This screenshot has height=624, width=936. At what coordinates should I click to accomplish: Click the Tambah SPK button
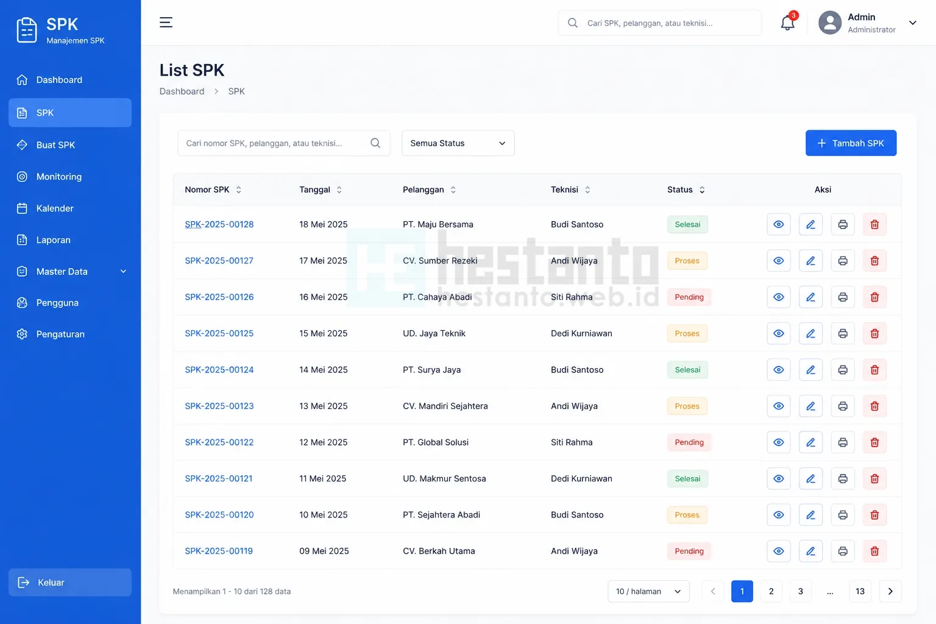tap(851, 143)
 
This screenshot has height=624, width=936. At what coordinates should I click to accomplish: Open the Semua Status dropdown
tap(458, 143)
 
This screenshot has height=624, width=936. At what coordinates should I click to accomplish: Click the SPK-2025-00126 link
tap(219, 297)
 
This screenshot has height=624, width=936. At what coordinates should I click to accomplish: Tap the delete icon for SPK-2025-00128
tap(874, 224)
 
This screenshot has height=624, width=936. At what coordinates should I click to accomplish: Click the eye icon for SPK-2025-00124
tap(778, 370)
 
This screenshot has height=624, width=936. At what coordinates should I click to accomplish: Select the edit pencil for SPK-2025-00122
tap(810, 442)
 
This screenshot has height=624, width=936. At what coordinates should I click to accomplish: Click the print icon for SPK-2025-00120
tap(843, 515)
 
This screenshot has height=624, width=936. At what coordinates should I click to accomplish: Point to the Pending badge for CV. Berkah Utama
tap(689, 551)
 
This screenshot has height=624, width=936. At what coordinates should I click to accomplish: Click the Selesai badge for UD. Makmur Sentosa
tap(687, 478)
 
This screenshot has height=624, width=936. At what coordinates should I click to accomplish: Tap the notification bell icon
tap(787, 23)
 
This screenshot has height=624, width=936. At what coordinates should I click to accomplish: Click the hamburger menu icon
tap(166, 22)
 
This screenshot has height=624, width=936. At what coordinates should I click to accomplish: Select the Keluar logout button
tap(70, 582)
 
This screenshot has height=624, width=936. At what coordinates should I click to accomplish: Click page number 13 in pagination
tap(860, 592)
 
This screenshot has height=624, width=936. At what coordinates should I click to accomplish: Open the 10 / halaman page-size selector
tap(648, 592)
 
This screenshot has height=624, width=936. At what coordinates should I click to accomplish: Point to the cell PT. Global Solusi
tap(436, 442)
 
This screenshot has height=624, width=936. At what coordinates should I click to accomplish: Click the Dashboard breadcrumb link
tap(182, 91)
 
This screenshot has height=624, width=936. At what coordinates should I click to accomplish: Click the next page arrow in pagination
tap(890, 592)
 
